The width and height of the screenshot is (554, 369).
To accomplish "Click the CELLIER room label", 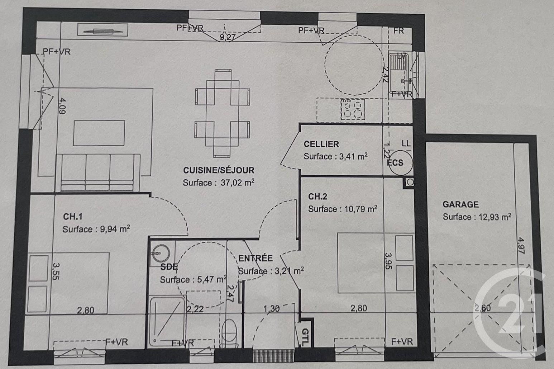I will click(321, 144).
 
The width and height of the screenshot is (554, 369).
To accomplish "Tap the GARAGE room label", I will click(460, 204).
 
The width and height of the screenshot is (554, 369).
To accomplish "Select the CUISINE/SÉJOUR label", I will click(219, 170).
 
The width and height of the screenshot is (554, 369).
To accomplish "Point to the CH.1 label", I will click(73, 217).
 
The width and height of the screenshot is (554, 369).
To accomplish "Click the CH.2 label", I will click(317, 197).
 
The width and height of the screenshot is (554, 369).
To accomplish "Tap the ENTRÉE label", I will click(255, 258).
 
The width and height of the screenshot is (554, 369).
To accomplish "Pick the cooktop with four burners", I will click(352, 109).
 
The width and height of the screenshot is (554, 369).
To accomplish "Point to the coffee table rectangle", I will click(99, 133).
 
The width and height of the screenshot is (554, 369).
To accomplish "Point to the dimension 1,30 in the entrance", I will click(271, 308).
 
